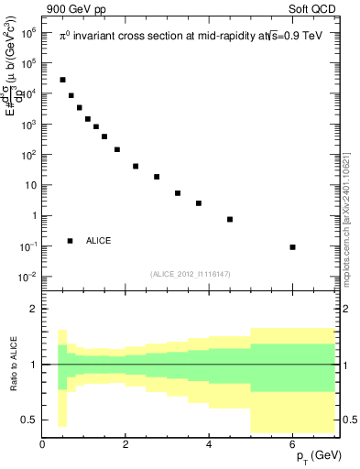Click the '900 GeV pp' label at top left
(x=72, y=8)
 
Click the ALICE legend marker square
(x=70, y=241)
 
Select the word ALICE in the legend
(x=99, y=241)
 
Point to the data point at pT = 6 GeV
(x=292, y=247)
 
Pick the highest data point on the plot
(x=62, y=80)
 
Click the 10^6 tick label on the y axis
(x=27, y=32)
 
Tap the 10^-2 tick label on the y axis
(x=27, y=277)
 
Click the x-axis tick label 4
(x=210, y=444)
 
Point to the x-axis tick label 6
(x=292, y=444)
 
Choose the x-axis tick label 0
(x=43, y=444)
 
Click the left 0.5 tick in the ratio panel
(x=29, y=420)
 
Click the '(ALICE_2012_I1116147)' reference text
(x=191, y=274)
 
